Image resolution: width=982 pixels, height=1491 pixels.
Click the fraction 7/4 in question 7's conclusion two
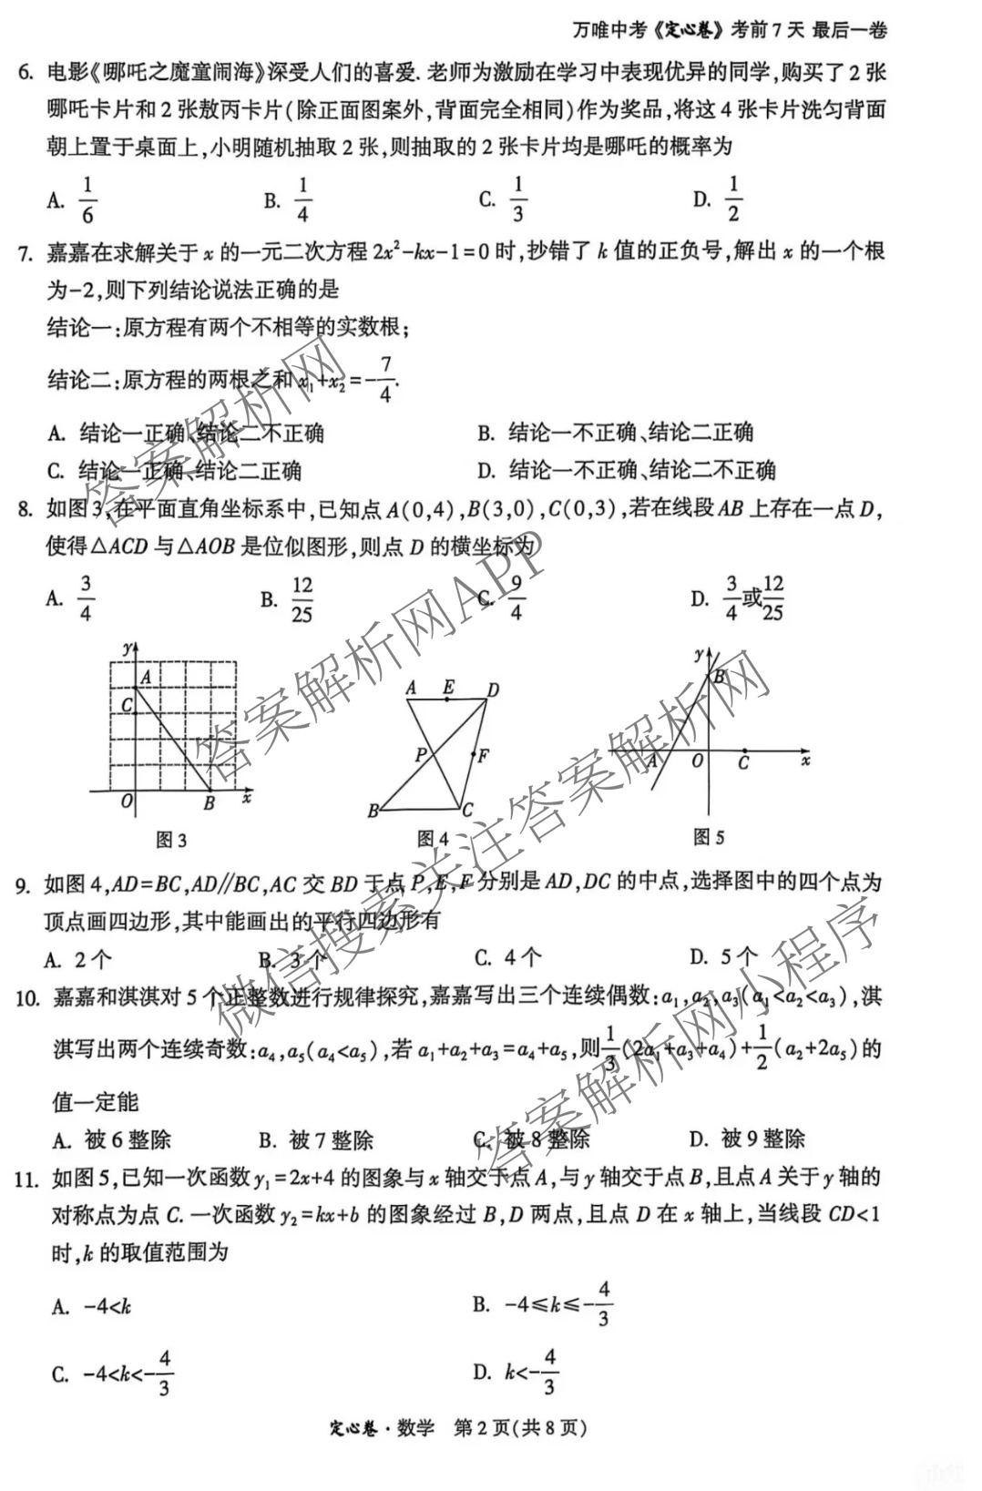[x=385, y=380]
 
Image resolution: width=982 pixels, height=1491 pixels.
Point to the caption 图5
[x=709, y=836]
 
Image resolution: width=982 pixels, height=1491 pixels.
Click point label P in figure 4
[x=421, y=754]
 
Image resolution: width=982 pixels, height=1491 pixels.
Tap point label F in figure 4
[x=484, y=755]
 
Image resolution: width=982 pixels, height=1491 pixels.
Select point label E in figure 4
[x=448, y=688]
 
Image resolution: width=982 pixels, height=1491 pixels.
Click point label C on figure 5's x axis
[x=743, y=763]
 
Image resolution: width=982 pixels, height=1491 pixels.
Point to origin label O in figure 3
[x=127, y=802]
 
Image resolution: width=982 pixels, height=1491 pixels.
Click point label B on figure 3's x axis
[x=210, y=803]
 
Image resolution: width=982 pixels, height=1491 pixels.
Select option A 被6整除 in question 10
[x=112, y=1139]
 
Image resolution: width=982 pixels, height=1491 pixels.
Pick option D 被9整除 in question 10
[x=748, y=1139]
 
